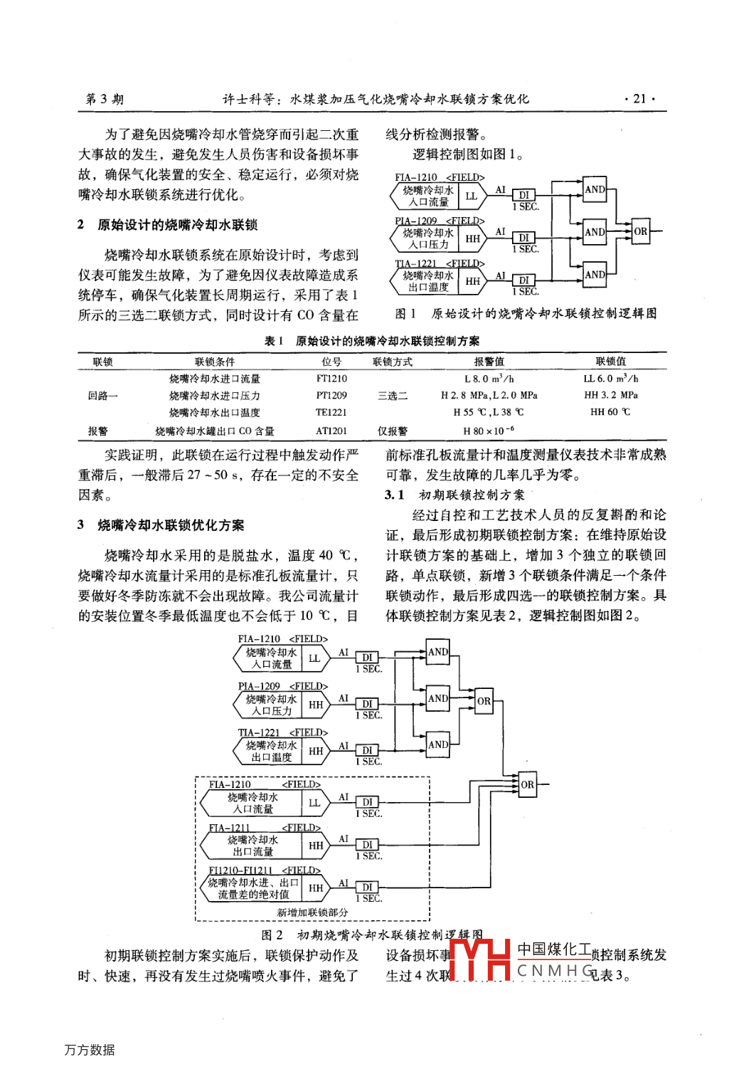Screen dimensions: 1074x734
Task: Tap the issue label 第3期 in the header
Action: pos(105,99)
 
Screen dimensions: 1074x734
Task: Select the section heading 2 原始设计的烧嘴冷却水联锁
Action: pos(169,225)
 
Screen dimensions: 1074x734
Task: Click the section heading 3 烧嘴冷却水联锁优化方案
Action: pos(161,525)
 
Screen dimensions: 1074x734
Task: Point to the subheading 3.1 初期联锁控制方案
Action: pos(455,495)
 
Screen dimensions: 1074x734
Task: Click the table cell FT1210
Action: pos(331,379)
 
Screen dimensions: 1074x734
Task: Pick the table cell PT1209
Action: pos(331,395)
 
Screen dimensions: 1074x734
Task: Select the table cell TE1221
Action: pos(331,412)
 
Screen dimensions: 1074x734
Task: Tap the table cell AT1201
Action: pos(331,431)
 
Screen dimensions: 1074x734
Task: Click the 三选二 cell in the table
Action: pos(392,396)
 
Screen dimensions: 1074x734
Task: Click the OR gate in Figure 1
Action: pos(640,231)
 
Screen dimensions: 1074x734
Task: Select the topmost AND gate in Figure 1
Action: pos(595,189)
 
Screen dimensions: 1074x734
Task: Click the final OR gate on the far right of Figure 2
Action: pos(527,784)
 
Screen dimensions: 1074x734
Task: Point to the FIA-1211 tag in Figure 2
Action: pos(229,828)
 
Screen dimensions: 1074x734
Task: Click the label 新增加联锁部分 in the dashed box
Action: pos(312,912)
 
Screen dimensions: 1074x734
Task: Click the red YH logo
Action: pos(481,960)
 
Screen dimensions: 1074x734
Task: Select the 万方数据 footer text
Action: pos(90,1050)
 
